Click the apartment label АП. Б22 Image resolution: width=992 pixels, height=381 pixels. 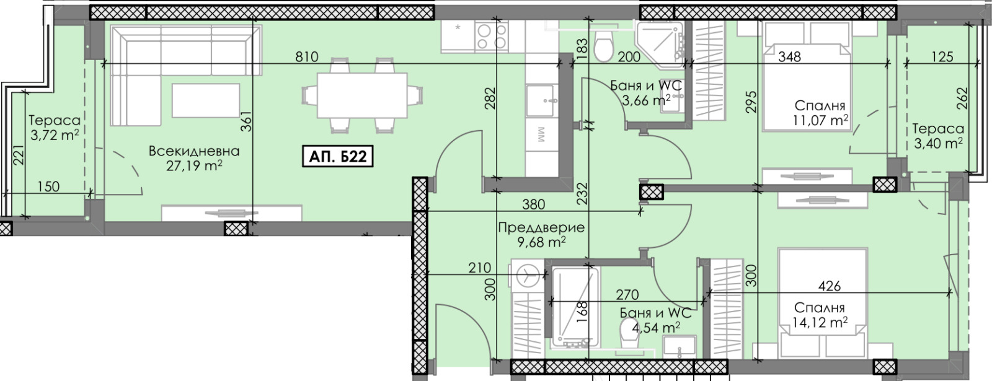coord(337,157)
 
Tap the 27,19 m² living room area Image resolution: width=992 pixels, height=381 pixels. coord(194,166)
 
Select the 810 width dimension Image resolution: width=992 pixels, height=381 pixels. coord(306,57)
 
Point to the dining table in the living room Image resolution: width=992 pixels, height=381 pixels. coord(362,95)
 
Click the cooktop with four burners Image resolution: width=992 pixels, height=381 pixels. coord(491,37)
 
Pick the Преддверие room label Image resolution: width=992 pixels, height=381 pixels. coord(541,227)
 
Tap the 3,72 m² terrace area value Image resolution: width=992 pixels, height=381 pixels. coord(55,134)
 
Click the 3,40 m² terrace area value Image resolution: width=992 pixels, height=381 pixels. coord(939,143)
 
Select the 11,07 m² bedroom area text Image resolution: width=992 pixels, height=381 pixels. coord(821,120)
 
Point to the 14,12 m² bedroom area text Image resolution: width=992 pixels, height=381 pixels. coord(820,322)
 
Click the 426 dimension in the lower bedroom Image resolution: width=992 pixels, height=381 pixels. coord(830,286)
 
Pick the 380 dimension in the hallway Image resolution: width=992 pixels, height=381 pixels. coord(533,204)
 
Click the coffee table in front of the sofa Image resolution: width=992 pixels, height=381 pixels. coord(206,100)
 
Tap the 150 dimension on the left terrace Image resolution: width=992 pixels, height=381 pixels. coord(48,186)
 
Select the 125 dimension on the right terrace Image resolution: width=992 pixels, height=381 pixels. coord(942,57)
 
